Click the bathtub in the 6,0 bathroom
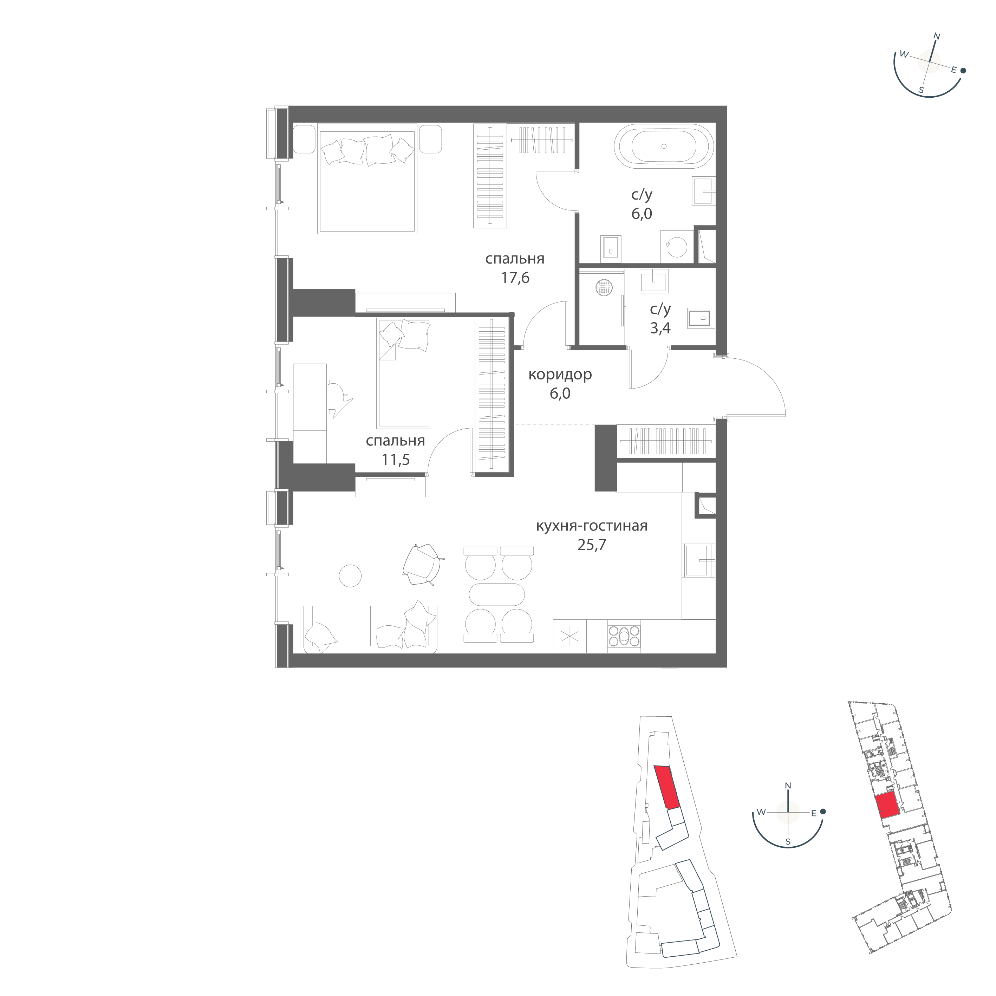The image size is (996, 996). [664, 147]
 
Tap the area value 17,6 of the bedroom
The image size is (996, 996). [515, 278]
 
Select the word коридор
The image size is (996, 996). [560, 374]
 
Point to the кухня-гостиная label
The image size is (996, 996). [592, 526]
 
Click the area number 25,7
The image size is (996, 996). [592, 545]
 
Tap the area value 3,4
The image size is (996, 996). [660, 328]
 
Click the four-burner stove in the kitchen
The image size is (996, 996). [624, 636]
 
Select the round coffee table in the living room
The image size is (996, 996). [350, 575]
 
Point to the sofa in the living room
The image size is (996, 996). [371, 629]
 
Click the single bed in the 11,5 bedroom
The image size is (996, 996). [404, 373]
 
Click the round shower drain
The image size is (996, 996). [605, 288]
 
